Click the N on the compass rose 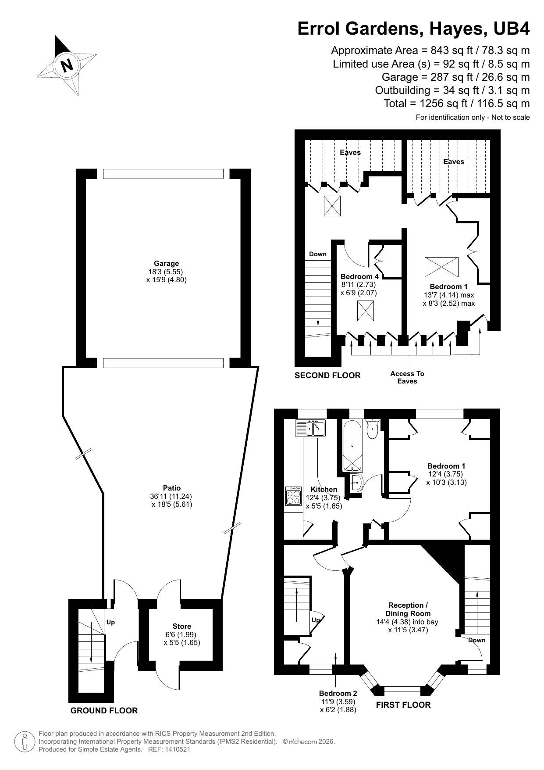67,65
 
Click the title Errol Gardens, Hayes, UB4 413,29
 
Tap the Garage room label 166,264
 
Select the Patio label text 172,488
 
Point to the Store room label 181,626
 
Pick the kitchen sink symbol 309,428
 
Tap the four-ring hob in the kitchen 293,496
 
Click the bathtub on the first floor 353,445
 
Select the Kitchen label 324,489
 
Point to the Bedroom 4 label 359,276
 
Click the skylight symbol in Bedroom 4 365,311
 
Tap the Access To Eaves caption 407,377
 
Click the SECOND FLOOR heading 327,375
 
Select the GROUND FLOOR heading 104,710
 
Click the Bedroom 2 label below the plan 338,693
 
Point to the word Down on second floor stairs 318,254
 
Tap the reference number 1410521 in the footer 176,749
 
